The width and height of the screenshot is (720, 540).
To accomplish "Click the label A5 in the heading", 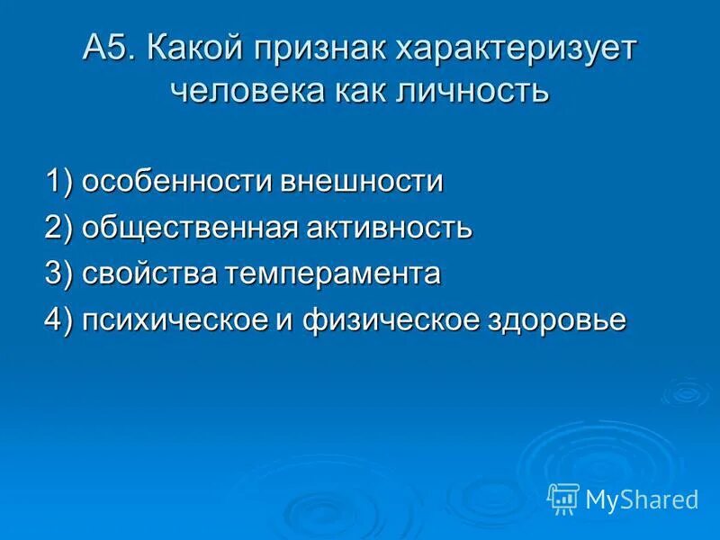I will (106, 49).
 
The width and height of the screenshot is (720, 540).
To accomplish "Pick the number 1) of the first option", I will (60, 181).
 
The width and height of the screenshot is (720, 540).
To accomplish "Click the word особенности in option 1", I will (178, 181).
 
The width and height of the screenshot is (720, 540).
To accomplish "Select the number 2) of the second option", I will (60, 227).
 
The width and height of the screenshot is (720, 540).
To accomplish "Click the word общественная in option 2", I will (190, 228).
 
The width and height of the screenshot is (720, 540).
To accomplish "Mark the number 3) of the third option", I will (60, 273).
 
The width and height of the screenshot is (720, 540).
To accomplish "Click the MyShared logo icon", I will (563, 499).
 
